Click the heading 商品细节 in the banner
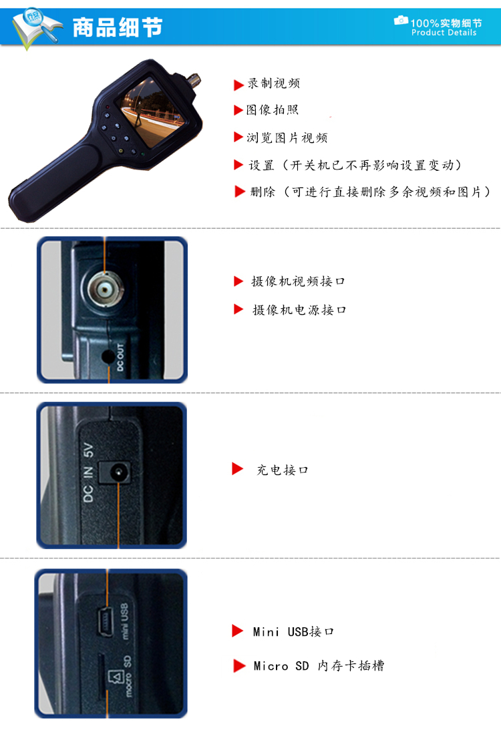118,27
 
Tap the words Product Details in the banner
444,33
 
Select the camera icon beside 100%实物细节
401,20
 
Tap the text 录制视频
274,83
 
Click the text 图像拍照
273,109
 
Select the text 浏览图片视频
287,137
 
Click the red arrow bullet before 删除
240,192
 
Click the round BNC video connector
105,290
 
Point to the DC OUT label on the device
121,358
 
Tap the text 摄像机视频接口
298,281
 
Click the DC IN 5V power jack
118,473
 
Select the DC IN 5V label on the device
88,472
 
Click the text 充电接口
283,470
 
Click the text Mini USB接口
293,632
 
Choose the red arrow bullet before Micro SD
239,666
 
